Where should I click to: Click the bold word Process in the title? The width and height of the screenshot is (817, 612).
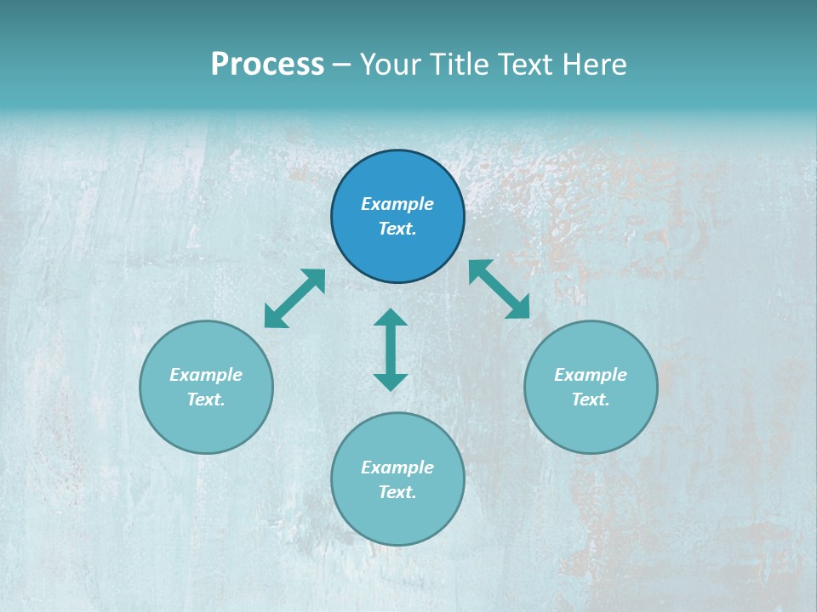[x=267, y=65]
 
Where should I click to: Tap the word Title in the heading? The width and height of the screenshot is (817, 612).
[x=460, y=65]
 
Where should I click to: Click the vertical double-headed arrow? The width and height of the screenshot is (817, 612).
[x=391, y=349]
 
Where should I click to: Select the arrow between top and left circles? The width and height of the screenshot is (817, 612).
[x=294, y=298]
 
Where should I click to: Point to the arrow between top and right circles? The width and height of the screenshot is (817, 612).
[x=500, y=289]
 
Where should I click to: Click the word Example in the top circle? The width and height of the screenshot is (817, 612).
[x=397, y=204]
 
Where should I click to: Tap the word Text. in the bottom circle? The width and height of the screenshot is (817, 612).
[x=397, y=492]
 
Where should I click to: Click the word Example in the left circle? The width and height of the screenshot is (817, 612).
[x=206, y=375]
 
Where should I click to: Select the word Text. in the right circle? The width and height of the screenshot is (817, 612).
[x=591, y=399]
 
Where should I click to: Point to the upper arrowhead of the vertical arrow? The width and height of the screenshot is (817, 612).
[x=391, y=318]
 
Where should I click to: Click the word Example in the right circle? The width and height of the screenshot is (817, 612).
[x=591, y=375]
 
